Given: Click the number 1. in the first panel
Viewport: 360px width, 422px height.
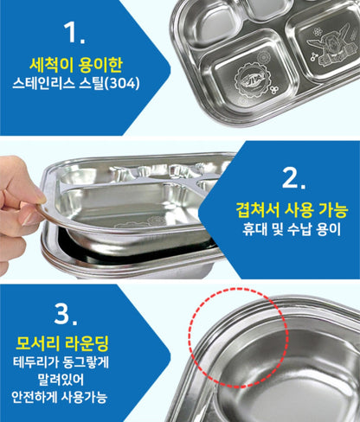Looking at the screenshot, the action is pos(74,32).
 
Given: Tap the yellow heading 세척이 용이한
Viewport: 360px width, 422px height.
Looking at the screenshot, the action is pos(76,66).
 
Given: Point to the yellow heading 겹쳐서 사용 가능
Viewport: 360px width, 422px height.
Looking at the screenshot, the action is pos(292,210).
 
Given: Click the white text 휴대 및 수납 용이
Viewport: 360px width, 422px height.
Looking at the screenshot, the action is pos(292,229).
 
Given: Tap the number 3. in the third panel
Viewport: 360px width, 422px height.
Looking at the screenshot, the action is pos(66,314).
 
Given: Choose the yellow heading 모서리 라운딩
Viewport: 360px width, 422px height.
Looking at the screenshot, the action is pos(62,343).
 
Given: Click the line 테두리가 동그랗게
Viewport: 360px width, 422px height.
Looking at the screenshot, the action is pos(61,362).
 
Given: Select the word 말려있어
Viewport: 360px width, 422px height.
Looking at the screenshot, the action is pos(61,379).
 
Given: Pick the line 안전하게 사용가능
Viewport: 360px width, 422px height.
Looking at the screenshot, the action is pos(60,397).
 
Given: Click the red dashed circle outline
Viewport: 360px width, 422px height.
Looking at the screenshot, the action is pos(189,338).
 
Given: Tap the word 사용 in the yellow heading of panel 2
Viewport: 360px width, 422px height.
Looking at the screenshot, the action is pos(299,210).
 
